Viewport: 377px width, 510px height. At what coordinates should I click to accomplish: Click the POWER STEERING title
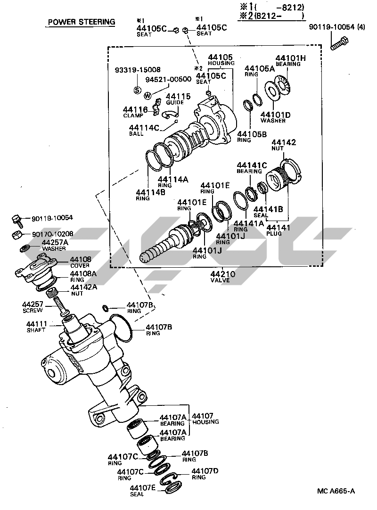click(x=81, y=22)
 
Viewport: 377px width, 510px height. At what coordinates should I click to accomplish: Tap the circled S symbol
click(x=137, y=90)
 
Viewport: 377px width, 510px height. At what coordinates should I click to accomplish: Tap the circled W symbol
click(x=148, y=95)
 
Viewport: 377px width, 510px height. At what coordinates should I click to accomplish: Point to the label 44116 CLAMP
click(x=135, y=112)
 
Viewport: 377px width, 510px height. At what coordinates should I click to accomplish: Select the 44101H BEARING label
click(x=290, y=60)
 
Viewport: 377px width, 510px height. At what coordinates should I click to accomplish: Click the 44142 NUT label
click(x=284, y=144)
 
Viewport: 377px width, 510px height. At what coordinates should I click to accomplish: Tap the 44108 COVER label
click(x=81, y=262)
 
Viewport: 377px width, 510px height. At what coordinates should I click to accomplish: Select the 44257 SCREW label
click(x=33, y=307)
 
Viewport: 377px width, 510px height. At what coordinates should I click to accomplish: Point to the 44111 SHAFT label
click(x=36, y=327)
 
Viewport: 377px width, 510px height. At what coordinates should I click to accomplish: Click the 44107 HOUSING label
click(x=203, y=419)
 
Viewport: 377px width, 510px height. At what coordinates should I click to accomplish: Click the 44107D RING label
click(x=204, y=473)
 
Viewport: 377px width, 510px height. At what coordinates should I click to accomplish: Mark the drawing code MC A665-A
click(x=336, y=491)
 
